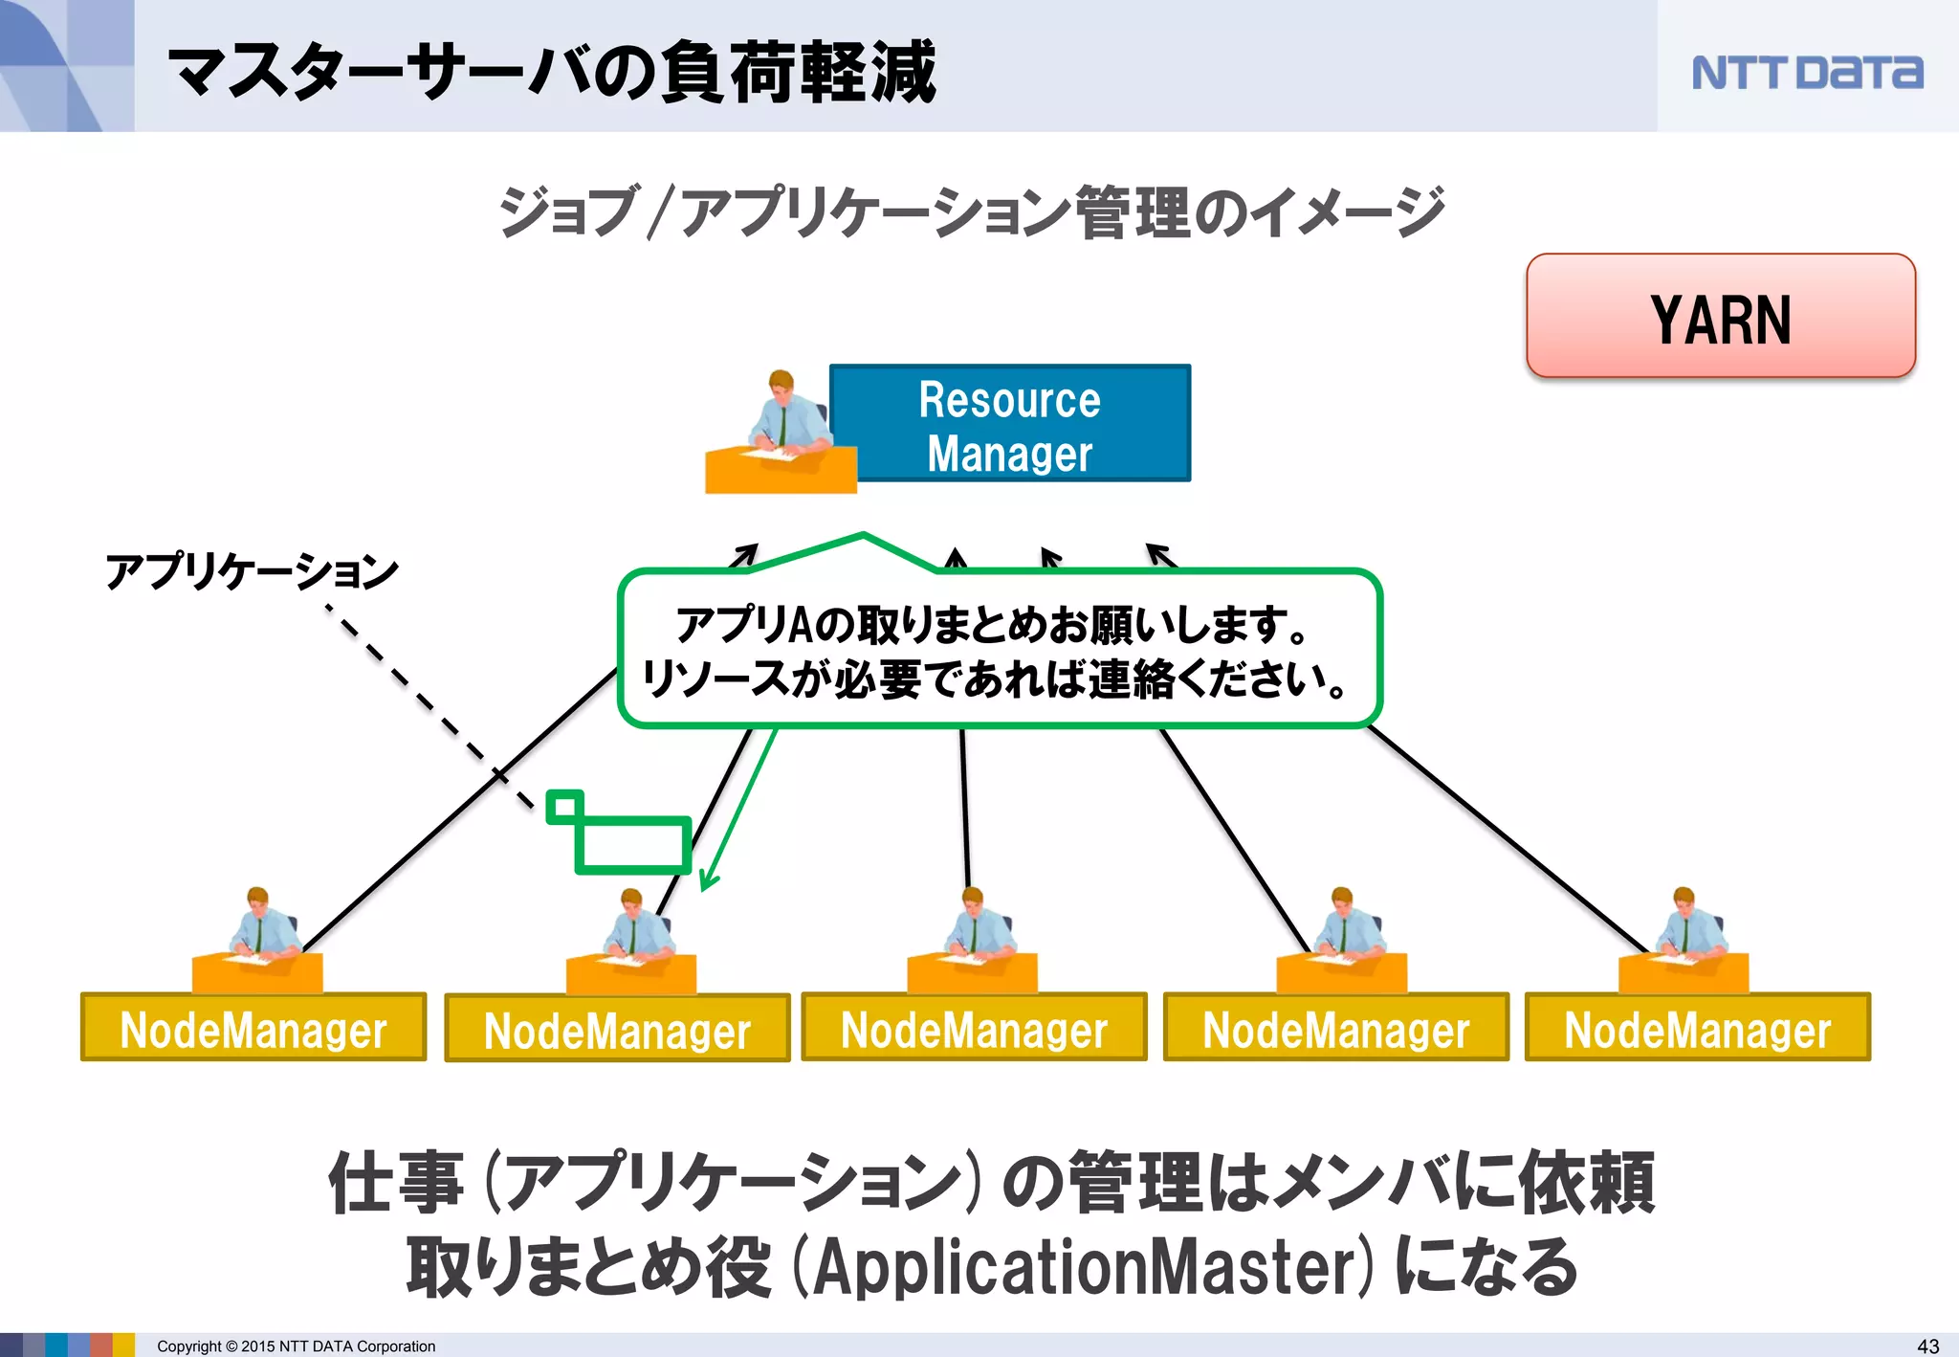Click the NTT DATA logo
pos(1806,73)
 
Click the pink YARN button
pos(1720,317)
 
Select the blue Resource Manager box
pos(1009,424)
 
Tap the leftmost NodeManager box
pos(253,1028)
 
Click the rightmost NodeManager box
pos(1697,1028)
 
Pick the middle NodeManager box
pos(974,1028)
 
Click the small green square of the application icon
pos(564,807)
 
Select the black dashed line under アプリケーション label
pos(430,707)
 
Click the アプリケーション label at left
pos(252,571)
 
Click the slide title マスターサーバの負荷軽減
pos(552,73)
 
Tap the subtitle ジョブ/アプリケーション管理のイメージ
pos(971,211)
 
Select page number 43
pos(1928,1346)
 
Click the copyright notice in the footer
pos(296,1346)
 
